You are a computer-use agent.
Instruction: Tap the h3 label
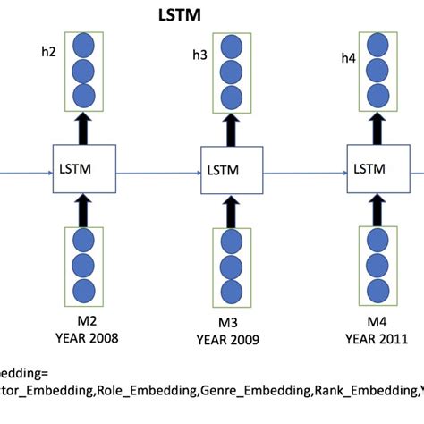[x=199, y=55]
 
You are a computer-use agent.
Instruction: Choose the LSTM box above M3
[x=230, y=169]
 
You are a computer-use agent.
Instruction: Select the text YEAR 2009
[x=230, y=340]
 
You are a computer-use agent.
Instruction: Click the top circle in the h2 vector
[x=83, y=45]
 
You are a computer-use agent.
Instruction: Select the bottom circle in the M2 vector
[x=85, y=289]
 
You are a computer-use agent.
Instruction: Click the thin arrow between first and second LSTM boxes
[x=157, y=167]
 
